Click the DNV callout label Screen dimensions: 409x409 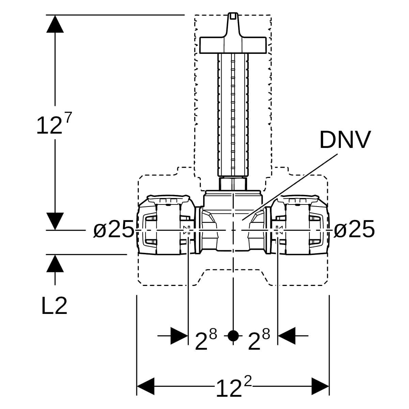(345, 140)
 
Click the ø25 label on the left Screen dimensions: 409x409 (113, 229)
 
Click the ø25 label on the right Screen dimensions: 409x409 (354, 229)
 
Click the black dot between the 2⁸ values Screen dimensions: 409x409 (233, 336)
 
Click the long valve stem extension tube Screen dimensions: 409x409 (233, 115)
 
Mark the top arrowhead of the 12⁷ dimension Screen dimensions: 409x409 (55, 24)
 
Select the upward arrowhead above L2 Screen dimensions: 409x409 (55, 263)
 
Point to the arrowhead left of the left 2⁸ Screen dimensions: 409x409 (179, 336)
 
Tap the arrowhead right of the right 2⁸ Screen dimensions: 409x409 (287, 336)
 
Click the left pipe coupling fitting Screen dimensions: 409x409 (166, 225)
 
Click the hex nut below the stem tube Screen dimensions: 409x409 (233, 184)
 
